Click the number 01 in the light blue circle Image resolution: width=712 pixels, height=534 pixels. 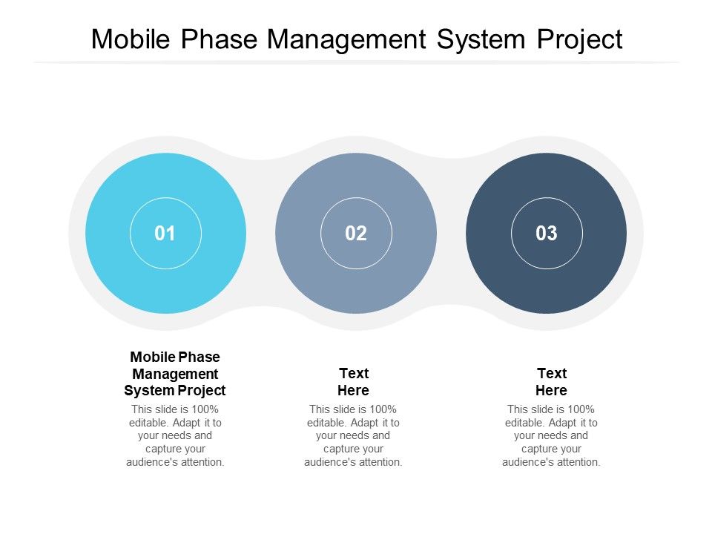click(165, 234)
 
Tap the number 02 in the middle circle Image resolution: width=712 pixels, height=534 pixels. click(356, 234)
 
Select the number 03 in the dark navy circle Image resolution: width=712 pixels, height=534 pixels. click(547, 234)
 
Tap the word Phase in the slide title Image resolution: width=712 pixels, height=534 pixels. click(221, 39)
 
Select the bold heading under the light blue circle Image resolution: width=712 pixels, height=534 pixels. click(175, 374)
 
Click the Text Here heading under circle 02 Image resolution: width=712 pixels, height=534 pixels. click(354, 381)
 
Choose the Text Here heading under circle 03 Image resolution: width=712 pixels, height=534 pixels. click(551, 381)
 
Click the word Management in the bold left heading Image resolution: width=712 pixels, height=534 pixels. click(175, 374)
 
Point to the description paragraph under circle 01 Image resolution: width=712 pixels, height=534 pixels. click(175, 435)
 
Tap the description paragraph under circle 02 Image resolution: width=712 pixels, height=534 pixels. click(353, 435)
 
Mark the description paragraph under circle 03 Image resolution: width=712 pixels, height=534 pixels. click(551, 435)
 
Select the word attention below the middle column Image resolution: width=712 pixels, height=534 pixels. click(380, 462)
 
